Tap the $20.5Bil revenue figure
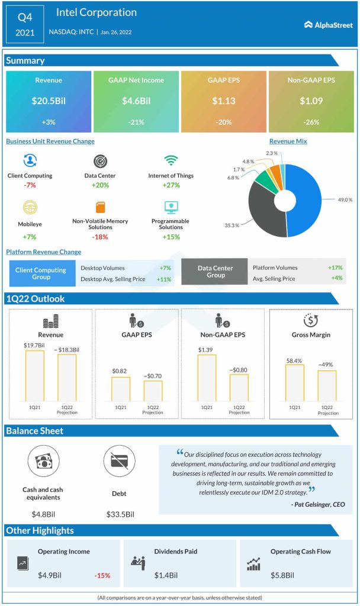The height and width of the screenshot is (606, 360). click(49, 101)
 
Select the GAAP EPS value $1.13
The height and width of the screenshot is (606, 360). click(224, 101)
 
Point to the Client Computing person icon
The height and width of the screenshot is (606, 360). click(30, 161)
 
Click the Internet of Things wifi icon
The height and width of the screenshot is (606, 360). click(171, 161)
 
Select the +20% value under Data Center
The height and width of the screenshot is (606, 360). click(100, 185)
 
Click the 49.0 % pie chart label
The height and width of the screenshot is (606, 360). click(343, 200)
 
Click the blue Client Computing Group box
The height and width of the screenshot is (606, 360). click(41, 273)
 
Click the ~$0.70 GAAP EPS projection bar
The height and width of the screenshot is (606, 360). click(153, 391)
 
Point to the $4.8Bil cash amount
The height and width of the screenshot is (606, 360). click(43, 514)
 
